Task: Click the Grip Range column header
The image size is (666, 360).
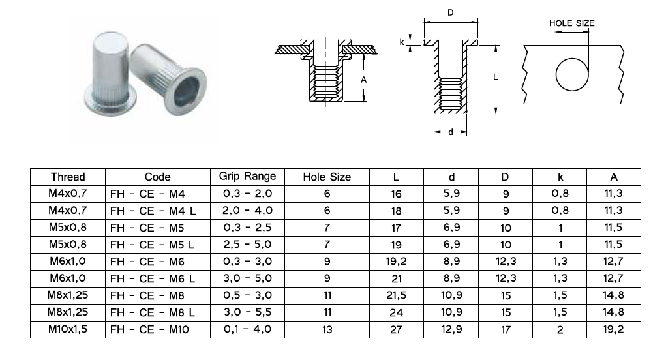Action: click(247, 177)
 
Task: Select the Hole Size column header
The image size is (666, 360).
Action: click(327, 177)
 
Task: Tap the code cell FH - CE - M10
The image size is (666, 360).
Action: click(149, 329)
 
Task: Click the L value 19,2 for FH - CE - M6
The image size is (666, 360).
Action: click(396, 262)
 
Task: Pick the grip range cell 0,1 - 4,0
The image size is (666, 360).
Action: click(247, 329)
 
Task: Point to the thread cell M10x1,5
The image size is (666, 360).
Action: click(68, 329)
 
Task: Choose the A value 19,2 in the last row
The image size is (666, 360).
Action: click(613, 329)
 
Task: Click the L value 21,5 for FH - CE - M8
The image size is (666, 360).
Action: click(396, 295)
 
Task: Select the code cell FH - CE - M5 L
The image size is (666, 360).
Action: click(152, 245)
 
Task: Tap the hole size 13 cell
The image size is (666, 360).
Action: click(327, 329)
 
